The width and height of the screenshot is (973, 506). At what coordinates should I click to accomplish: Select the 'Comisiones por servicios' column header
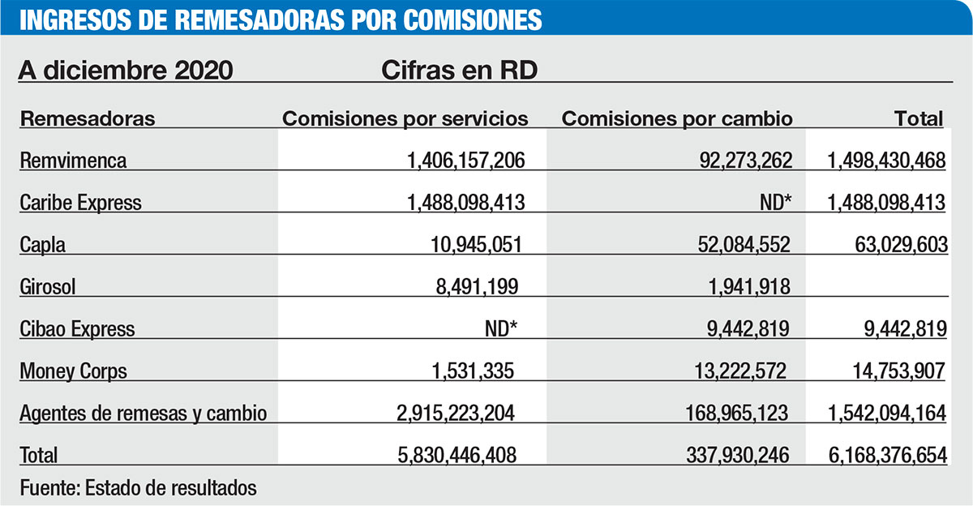(405, 118)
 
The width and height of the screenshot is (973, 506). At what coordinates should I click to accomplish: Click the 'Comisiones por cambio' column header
(677, 118)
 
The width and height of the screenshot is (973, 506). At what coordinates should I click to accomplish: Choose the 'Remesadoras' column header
(88, 118)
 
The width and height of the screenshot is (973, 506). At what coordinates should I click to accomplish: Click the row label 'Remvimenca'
(73, 161)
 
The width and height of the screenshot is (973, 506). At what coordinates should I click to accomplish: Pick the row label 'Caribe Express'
(80, 203)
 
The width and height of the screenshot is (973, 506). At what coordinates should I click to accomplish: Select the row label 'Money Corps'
(74, 371)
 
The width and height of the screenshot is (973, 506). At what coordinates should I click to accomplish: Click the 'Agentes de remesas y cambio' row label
(144, 414)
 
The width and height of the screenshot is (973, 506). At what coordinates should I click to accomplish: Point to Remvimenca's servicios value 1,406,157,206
(465, 161)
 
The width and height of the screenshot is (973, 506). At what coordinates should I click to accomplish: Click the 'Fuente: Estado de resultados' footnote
(138, 488)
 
